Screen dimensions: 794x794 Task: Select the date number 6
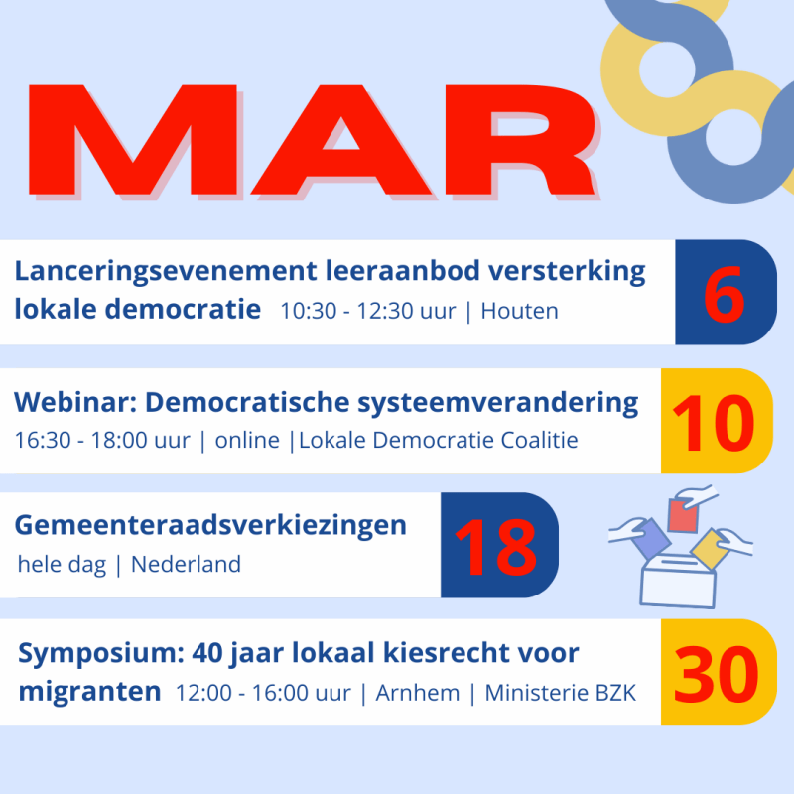coord(725,295)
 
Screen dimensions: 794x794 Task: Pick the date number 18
coord(496,546)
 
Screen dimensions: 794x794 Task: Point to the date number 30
coord(716,673)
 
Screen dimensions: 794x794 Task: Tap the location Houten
coord(519,311)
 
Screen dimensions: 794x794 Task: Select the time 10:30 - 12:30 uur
coord(368,311)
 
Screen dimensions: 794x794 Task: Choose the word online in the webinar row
coord(247,440)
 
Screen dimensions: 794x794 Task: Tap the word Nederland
coord(186,565)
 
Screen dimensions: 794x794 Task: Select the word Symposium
coord(90,654)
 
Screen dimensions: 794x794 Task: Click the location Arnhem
coord(418,693)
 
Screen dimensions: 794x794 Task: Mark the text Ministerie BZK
coord(560,693)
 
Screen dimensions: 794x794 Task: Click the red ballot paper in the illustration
coord(683,514)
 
